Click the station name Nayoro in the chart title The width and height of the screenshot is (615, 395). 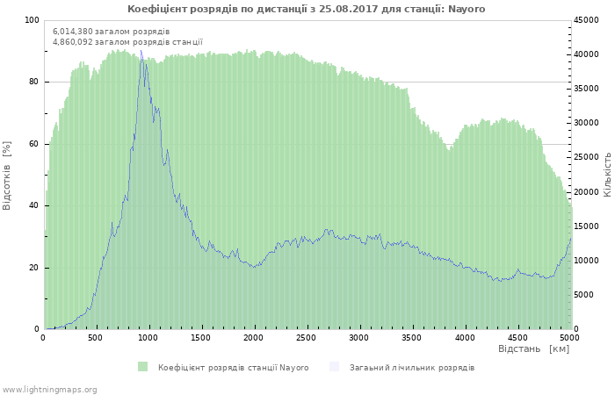467,9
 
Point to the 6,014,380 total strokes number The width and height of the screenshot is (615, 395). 73,32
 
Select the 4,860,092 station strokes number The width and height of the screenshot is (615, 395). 73,42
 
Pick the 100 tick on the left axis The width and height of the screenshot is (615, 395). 32,20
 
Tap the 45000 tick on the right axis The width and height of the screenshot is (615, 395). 586,20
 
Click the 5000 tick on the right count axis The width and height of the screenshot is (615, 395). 584,295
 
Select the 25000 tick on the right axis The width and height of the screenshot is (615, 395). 586,157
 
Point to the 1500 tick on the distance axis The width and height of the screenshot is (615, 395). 200,338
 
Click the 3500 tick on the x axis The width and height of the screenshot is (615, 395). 411,338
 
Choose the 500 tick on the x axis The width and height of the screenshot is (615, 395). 95,338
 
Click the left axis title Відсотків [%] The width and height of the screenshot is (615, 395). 7,176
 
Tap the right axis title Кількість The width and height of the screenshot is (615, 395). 607,175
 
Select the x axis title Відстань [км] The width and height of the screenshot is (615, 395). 533,348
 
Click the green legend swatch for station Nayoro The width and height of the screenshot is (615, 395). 142,367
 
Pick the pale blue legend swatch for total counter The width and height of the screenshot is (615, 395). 334,367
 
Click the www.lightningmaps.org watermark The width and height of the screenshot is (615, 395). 48,390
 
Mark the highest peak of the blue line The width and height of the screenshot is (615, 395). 141,51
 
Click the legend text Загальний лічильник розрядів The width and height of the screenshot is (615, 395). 412,368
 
